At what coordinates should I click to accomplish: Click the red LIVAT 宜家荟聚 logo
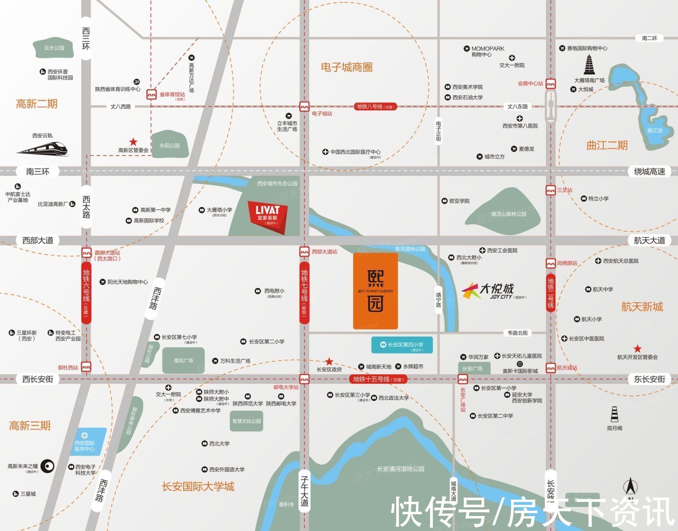(x=268, y=215)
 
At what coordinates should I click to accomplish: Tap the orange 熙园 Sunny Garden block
(x=376, y=290)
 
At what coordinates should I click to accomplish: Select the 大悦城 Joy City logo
(x=489, y=290)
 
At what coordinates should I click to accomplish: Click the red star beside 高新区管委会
(x=133, y=142)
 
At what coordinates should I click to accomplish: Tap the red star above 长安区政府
(x=329, y=361)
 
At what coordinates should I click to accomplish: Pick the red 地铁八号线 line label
(x=375, y=106)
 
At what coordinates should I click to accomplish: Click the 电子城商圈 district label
(x=347, y=68)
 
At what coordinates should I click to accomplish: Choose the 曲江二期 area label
(x=607, y=145)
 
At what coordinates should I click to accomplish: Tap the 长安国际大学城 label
(x=198, y=486)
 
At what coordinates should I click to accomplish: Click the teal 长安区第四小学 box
(x=402, y=345)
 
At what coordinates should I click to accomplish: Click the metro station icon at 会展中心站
(x=551, y=83)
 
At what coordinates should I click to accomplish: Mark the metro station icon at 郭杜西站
(x=87, y=367)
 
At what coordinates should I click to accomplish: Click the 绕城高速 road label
(x=649, y=171)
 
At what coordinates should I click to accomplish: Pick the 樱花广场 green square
(x=184, y=360)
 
